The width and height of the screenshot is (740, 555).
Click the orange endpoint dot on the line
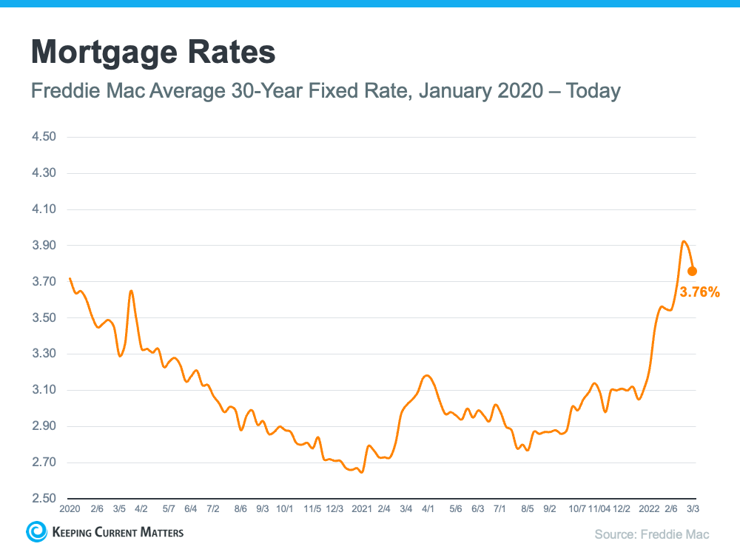pyautogui.click(x=692, y=271)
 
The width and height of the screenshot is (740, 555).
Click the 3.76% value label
pyautogui.click(x=699, y=292)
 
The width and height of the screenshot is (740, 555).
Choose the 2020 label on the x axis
pyautogui.click(x=69, y=509)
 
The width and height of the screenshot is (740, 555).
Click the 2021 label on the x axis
pyautogui.click(x=362, y=509)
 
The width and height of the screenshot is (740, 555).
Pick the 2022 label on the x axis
pyautogui.click(x=649, y=509)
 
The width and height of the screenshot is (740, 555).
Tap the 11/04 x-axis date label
pyautogui.click(x=599, y=509)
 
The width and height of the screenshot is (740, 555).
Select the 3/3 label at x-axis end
pyautogui.click(x=693, y=509)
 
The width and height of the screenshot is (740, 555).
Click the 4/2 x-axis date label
pyautogui.click(x=141, y=509)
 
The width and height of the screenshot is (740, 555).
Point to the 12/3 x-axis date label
pyautogui.click(x=334, y=509)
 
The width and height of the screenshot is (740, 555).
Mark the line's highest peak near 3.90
pyautogui.click(x=684, y=241)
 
